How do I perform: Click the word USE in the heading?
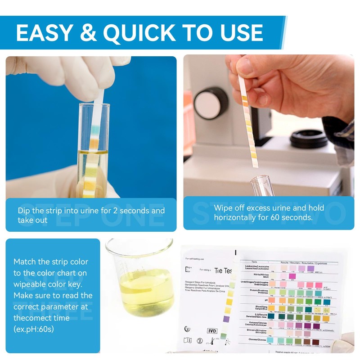coord(238,32)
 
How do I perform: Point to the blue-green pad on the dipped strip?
coord(95,133)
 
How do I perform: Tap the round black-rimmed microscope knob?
coord(211,101)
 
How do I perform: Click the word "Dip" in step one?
coord(24,211)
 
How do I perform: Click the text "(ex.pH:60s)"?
coord(34,329)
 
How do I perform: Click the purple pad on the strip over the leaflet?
coord(227,319)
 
